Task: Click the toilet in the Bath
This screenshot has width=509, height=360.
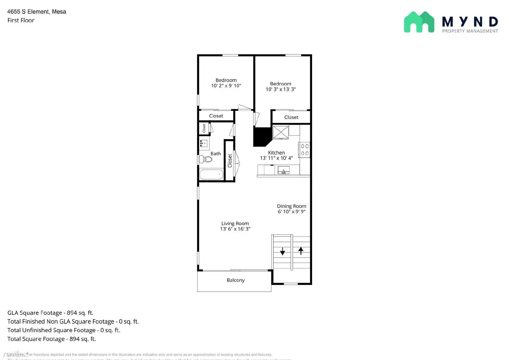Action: tap(206, 159)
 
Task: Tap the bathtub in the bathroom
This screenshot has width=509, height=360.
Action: tap(212, 174)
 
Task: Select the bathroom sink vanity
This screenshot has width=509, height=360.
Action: tap(204, 144)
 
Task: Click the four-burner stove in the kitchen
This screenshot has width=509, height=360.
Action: tap(304, 150)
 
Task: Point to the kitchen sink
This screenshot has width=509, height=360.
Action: tap(283, 171)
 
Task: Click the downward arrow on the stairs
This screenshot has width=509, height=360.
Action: tap(282, 251)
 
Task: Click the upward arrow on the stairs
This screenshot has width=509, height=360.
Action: tap(301, 251)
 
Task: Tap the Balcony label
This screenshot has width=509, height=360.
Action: tap(235, 280)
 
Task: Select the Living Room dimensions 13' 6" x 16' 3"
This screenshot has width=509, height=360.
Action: tap(235, 229)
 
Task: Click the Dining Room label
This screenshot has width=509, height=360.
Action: tap(291, 206)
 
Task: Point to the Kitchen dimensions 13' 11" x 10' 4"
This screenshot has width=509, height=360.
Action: tap(276, 158)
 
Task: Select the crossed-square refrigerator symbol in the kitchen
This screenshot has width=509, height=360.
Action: tap(281, 132)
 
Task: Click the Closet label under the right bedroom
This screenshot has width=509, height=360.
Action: tap(291, 117)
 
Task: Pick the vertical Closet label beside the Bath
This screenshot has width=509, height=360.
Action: tap(230, 161)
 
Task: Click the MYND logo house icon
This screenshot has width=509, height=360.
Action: tap(419, 22)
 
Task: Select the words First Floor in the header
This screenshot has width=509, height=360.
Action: tap(21, 20)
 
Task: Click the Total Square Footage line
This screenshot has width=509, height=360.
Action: tap(52, 339)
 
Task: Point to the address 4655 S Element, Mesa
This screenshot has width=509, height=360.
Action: tap(37, 12)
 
